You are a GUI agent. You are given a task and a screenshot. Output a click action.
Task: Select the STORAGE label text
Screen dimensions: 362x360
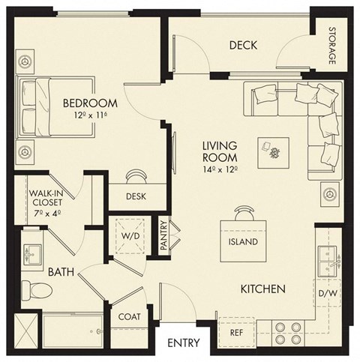[331, 46]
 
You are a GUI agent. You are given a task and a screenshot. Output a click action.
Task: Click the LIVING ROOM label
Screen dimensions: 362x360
[220, 151]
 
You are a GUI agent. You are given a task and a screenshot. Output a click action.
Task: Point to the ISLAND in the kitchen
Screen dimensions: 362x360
[242, 241]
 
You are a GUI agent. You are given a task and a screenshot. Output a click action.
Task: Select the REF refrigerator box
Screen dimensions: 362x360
[235, 330]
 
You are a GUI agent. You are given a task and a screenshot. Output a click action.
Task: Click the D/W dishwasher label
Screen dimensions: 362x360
[328, 292]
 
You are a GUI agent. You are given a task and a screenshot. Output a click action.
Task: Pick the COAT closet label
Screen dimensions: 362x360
[129, 317]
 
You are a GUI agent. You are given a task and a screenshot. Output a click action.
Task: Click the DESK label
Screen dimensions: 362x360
[136, 197]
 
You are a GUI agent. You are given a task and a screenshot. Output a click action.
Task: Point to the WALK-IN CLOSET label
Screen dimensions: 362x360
[46, 202]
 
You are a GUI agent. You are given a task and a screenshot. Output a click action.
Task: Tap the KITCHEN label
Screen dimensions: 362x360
[261, 288]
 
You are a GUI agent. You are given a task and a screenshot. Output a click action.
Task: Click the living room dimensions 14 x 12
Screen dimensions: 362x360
[220, 170]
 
